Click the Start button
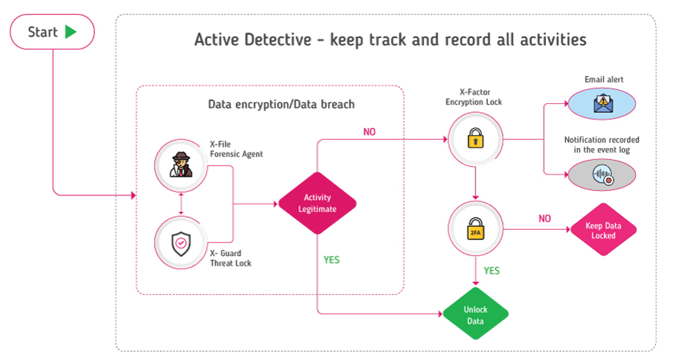52,32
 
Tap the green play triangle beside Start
71,32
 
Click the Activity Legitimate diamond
317,204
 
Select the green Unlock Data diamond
475,314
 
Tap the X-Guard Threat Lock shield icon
181,243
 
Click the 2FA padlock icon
475,231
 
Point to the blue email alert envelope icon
601,105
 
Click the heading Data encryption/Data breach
281,105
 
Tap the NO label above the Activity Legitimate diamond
369,132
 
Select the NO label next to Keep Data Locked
545,219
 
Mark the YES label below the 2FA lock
491,271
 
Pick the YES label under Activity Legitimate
331,260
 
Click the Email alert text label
603,80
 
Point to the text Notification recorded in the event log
601,145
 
